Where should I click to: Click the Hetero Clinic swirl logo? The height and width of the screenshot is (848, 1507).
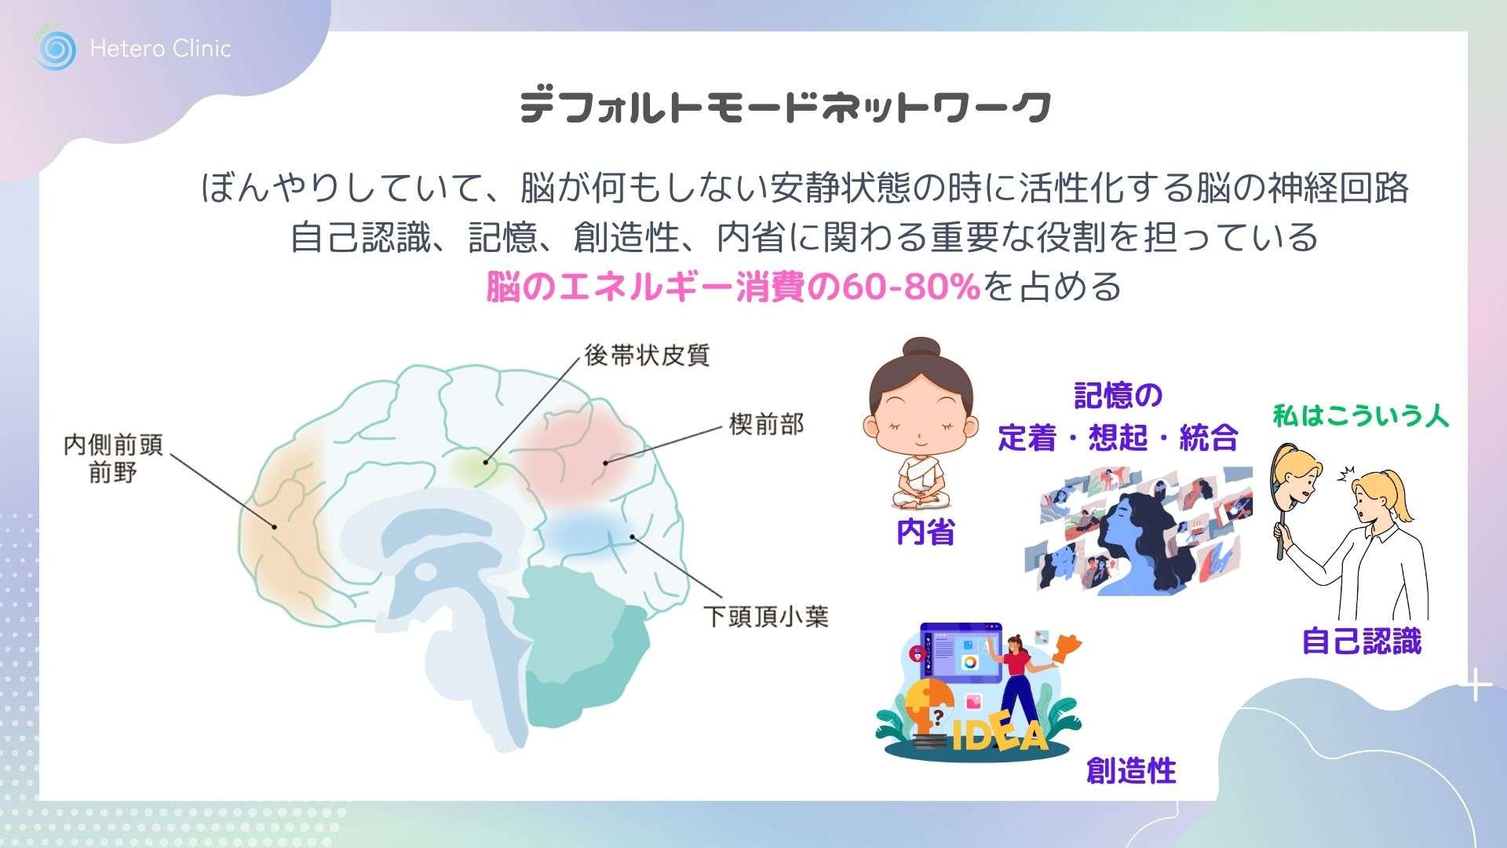pyautogui.click(x=55, y=49)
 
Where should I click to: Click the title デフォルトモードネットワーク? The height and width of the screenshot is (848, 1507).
pyautogui.click(x=786, y=107)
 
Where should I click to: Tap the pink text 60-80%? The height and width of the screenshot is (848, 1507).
pyautogui.click(x=911, y=287)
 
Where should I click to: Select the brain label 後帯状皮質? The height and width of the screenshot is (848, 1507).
pyautogui.click(x=647, y=355)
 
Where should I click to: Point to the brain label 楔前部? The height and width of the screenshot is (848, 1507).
pyautogui.click(x=766, y=425)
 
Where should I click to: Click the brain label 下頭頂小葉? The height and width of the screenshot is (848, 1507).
pyautogui.click(x=765, y=616)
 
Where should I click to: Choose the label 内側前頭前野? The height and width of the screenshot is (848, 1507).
pyautogui.click(x=113, y=459)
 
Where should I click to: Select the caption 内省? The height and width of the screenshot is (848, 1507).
pyautogui.click(x=925, y=532)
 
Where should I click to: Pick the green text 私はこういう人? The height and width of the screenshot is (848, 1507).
pyautogui.click(x=1360, y=415)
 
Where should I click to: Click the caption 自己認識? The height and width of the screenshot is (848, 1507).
pyautogui.click(x=1362, y=641)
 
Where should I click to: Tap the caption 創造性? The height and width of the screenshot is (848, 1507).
pyautogui.click(x=1131, y=770)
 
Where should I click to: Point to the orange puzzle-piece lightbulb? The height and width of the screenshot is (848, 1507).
pyautogui.click(x=929, y=707)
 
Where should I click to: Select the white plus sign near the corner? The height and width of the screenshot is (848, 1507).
pyautogui.click(x=1476, y=685)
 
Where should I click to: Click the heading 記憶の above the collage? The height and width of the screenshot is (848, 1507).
pyautogui.click(x=1118, y=397)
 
